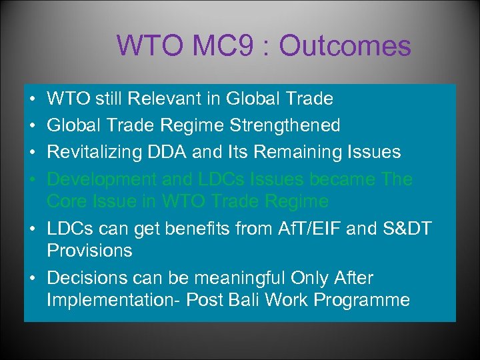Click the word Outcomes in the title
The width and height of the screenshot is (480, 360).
345,46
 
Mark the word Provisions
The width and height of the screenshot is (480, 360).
89,251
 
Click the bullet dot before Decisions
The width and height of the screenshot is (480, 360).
33,278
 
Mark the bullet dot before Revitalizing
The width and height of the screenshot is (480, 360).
33,153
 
